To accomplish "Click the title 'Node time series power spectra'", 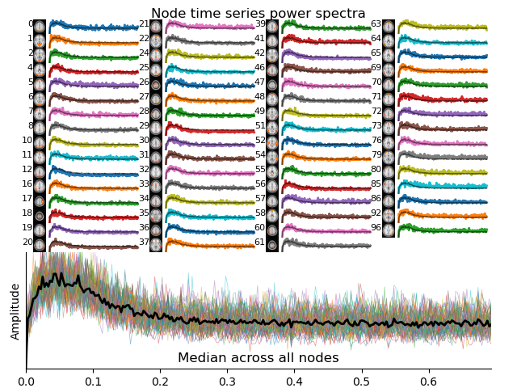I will click(258, 13).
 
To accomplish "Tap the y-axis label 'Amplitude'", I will click(15, 311).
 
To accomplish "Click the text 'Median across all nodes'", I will click(258, 358).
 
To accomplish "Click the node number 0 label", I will click(31, 24).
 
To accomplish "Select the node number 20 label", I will click(28, 242).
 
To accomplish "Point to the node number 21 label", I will click(144, 24).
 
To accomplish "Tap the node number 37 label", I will click(144, 242).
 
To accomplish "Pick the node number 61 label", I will click(259, 242).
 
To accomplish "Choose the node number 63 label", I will click(376, 24).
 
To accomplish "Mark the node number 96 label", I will click(376, 228).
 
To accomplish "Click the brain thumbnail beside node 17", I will click(40, 199).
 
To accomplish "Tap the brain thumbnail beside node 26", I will click(156, 82).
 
